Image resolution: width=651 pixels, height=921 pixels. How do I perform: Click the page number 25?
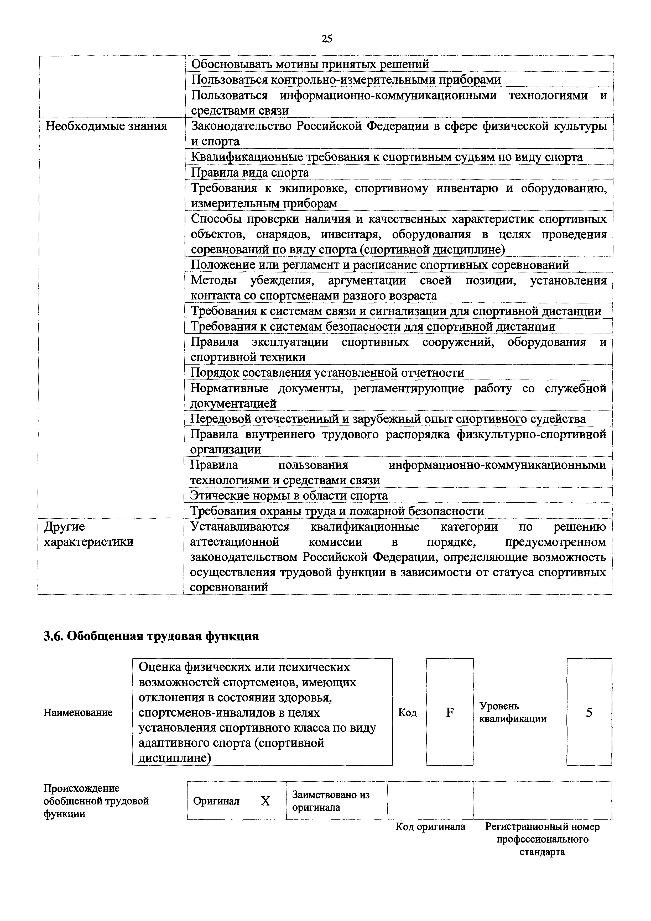point(326,39)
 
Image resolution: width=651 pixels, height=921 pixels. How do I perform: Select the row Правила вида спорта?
point(250,172)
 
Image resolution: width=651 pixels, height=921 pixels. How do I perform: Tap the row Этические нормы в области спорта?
point(289,496)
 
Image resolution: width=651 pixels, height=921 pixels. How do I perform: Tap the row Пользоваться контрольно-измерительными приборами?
point(346,80)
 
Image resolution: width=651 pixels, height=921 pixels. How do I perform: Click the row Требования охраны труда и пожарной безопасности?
point(337,511)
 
